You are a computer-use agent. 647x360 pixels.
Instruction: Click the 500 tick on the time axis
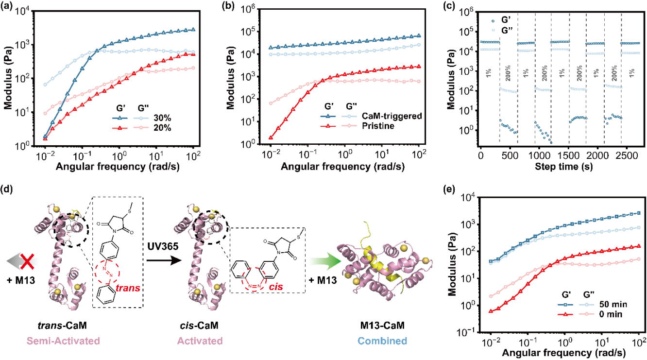tap(510, 155)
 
